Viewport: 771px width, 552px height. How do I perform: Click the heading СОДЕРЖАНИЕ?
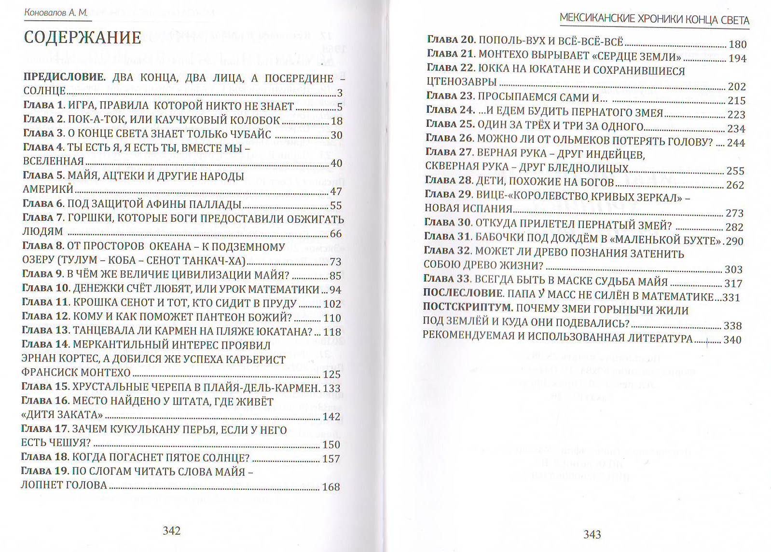(x=83, y=38)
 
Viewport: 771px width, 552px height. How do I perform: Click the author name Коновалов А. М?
(x=56, y=13)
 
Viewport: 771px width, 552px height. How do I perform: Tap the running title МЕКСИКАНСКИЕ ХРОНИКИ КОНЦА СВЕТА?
(x=654, y=20)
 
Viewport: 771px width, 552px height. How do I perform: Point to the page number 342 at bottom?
(x=171, y=531)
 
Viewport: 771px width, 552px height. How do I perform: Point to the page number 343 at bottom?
(x=592, y=534)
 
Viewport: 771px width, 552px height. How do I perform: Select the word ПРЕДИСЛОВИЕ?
(x=64, y=78)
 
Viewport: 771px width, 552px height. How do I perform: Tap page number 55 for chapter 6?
(x=335, y=205)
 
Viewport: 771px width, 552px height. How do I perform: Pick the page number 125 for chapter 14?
(x=331, y=374)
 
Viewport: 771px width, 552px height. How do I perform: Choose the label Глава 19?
(x=45, y=471)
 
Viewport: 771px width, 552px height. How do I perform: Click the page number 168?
(x=331, y=487)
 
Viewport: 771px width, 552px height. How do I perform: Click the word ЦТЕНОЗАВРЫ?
(x=461, y=82)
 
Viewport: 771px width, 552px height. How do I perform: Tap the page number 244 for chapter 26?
(x=736, y=143)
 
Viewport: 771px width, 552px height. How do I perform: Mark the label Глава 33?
(x=447, y=279)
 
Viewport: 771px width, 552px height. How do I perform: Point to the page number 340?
(x=732, y=340)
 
